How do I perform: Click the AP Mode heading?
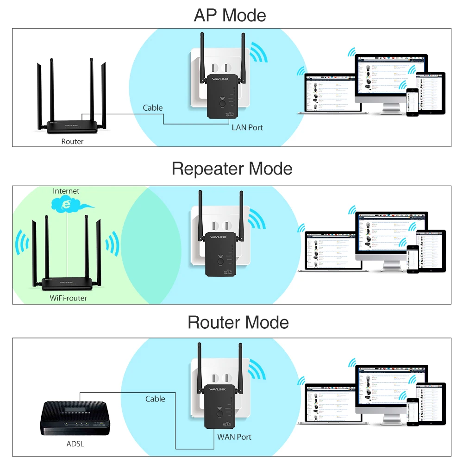(x=230, y=15)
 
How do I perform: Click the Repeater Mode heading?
(x=231, y=169)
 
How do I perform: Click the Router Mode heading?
(x=238, y=322)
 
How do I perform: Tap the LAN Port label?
(x=247, y=127)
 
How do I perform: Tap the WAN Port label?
(x=234, y=437)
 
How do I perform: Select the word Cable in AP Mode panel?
(x=153, y=108)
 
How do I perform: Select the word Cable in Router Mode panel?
(x=155, y=399)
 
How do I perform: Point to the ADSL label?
(x=75, y=444)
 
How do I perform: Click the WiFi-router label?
(x=68, y=298)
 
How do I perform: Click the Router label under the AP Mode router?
(x=72, y=142)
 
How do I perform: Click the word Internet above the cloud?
(x=66, y=191)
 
